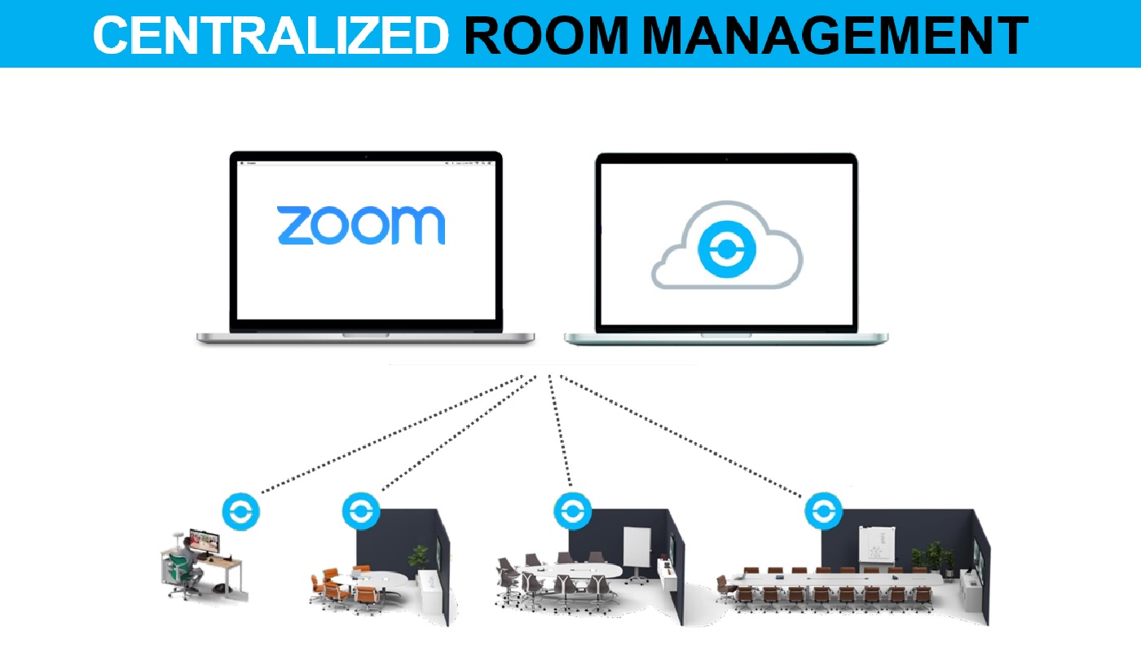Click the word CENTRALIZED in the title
(x=271, y=35)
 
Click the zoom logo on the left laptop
(x=361, y=225)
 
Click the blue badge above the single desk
(x=242, y=512)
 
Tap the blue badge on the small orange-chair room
(x=361, y=512)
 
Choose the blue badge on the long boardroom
(x=823, y=512)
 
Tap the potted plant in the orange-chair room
(x=419, y=557)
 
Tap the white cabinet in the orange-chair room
(x=427, y=585)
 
